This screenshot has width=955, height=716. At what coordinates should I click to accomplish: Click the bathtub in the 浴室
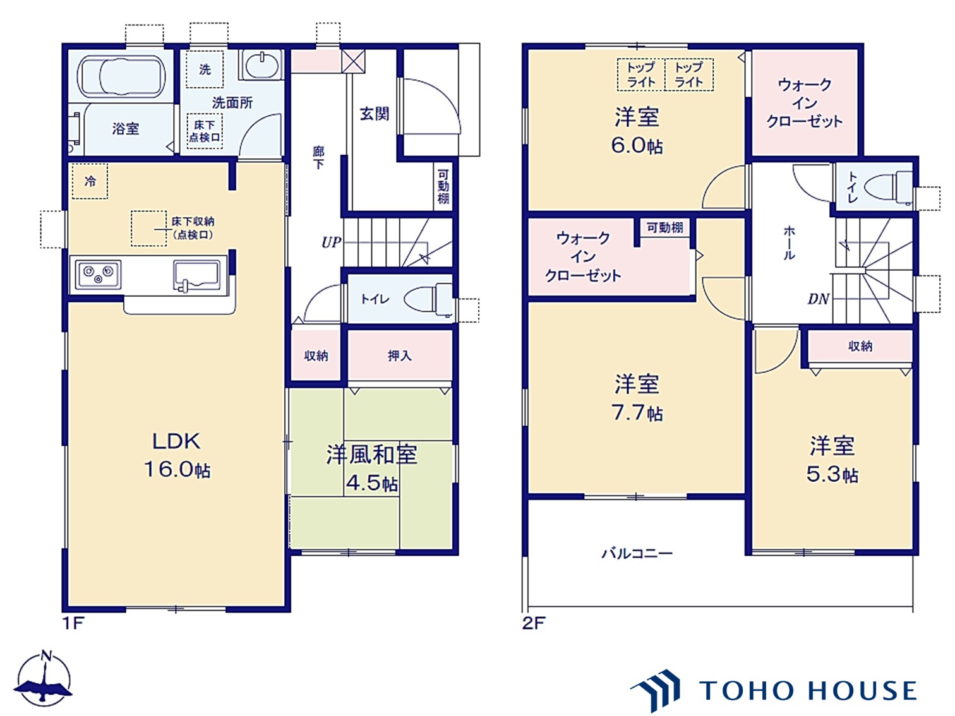click(121, 76)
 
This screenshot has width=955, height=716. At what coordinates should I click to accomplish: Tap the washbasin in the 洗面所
click(261, 65)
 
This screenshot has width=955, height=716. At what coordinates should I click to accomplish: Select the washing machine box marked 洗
click(205, 69)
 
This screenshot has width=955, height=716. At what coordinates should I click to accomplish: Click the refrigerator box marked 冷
click(90, 181)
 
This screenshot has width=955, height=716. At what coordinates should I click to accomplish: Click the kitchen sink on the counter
click(196, 275)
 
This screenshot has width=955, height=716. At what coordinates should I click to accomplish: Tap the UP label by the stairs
click(331, 242)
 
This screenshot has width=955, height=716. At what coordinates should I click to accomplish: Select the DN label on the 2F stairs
click(819, 299)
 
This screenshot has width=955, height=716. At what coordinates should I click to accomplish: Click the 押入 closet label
click(399, 355)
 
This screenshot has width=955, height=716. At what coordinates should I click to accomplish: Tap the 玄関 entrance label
click(374, 114)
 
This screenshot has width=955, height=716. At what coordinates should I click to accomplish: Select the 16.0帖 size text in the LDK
click(177, 470)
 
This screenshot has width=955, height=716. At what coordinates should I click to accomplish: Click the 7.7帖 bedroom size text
click(637, 412)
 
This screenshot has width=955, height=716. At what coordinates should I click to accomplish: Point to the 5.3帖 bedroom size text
click(832, 474)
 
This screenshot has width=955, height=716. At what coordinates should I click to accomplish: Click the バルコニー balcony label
click(637, 553)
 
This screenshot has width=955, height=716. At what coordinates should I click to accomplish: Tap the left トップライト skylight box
click(641, 75)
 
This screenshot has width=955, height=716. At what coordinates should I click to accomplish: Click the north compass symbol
click(44, 680)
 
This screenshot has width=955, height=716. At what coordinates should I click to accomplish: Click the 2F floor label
click(533, 623)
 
